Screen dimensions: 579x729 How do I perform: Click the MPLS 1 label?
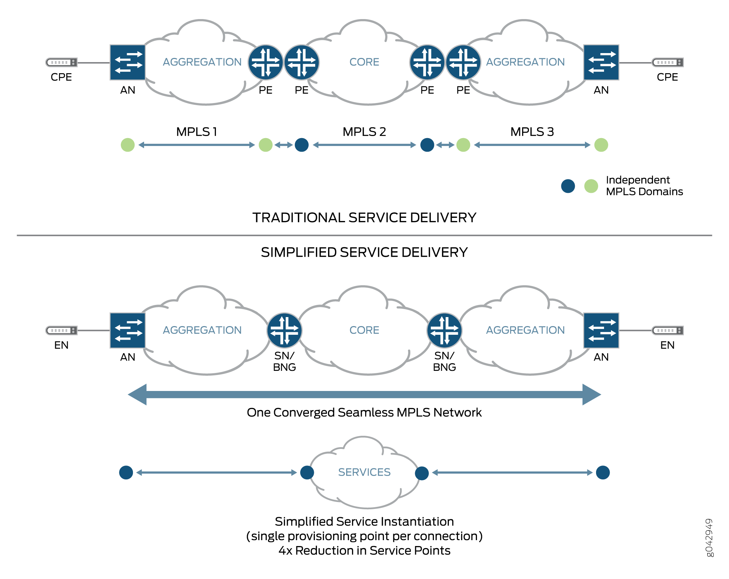tap(196, 132)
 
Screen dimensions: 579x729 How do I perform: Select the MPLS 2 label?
tap(364, 132)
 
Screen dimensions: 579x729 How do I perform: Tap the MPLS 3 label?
tap(532, 132)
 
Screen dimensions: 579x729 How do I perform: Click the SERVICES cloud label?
tap(364, 472)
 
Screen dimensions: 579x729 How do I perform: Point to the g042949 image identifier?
tap(709, 537)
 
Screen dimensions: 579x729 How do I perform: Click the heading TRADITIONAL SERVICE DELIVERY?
tap(364, 218)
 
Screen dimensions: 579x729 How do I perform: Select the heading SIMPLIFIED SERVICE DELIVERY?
tap(364, 252)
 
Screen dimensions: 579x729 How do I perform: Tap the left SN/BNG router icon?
tap(284, 330)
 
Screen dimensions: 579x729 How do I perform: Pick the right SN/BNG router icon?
tap(444, 330)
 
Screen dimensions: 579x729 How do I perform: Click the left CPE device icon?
tap(61, 62)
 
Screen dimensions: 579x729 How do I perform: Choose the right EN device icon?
tap(668, 330)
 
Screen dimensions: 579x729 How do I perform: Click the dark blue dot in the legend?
tap(568, 186)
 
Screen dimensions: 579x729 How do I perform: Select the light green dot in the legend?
tap(591, 186)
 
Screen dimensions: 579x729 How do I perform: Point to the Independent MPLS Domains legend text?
tap(644, 186)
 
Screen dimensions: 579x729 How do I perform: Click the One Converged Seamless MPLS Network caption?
tap(364, 412)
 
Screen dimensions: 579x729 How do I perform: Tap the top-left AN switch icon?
tap(127, 62)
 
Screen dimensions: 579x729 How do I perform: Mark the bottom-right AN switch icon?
tap(601, 330)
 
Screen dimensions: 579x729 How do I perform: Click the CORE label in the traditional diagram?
tap(364, 62)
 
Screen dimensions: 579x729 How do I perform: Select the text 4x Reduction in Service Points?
tap(364, 551)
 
